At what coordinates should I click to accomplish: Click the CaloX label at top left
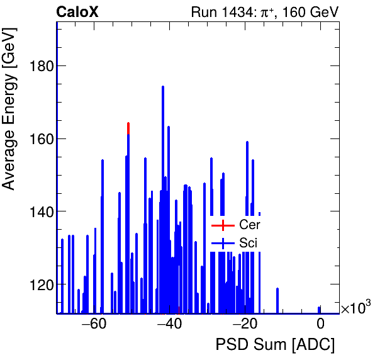[77, 12]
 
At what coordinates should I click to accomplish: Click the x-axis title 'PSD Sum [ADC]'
[275, 346]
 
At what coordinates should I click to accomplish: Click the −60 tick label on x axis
[94, 325]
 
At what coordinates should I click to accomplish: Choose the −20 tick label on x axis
[245, 325]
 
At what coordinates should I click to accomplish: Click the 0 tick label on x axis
[320, 325]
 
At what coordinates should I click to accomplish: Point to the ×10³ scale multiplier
[355, 308]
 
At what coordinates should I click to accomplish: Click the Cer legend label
[249, 225]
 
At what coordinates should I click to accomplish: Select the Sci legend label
[249, 243]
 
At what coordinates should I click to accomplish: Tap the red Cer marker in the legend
[223, 225]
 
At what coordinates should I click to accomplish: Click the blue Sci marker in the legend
[223, 243]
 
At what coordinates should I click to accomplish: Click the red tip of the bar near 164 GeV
[128, 127]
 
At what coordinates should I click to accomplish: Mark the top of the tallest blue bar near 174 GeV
[163, 87]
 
